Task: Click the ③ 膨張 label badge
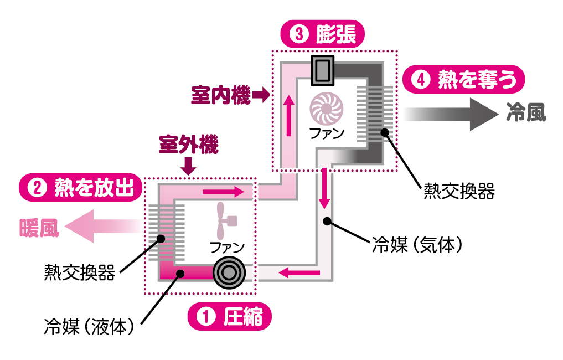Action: click(323, 34)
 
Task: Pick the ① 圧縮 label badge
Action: click(230, 318)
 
